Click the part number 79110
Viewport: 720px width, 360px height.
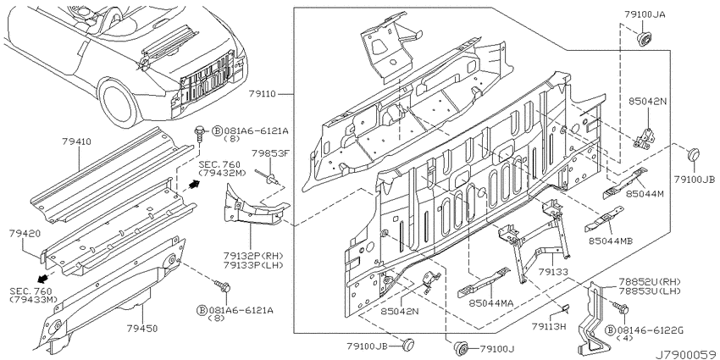[262, 94]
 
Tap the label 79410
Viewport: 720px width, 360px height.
[76, 141]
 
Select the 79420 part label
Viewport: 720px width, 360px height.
[24, 234]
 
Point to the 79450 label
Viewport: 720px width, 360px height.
[142, 329]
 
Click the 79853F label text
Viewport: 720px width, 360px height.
[270, 153]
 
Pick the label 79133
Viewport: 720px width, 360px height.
[553, 272]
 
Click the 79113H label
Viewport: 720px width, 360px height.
[549, 326]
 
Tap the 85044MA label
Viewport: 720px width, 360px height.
[490, 303]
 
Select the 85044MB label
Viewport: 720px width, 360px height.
[610, 241]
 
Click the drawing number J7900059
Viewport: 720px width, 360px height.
[686, 355]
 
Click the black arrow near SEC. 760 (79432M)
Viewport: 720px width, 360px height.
[194, 185]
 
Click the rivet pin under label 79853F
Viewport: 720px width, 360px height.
[268, 176]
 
